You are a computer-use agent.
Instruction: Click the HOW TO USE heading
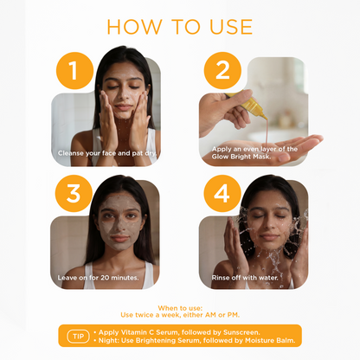pos(179,26)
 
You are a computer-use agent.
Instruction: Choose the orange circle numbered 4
pos(222,194)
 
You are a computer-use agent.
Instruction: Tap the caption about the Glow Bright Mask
pos(254,153)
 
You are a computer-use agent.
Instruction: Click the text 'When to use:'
pos(179,307)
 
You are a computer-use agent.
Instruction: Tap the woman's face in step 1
pos(119,95)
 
